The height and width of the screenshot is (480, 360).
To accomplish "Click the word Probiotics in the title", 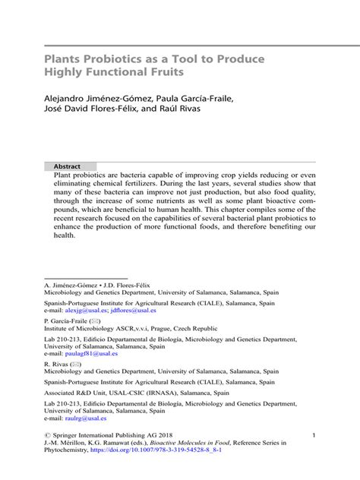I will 115,58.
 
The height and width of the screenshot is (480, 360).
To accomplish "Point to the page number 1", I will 313,434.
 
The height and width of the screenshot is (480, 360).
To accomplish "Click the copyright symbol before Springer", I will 49,434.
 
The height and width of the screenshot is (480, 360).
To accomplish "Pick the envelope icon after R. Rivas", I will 76,364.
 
